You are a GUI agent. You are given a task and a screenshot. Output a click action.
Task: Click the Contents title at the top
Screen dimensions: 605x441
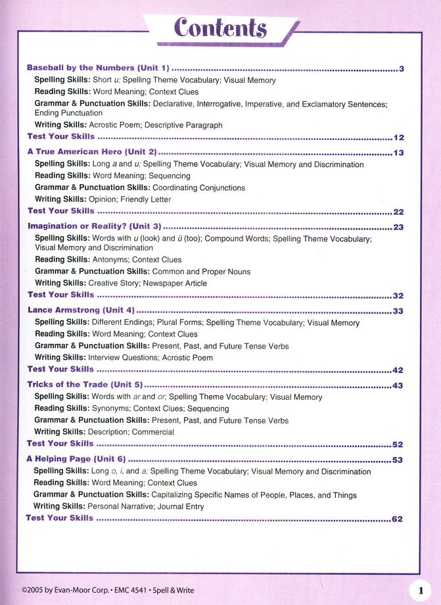pos(220,28)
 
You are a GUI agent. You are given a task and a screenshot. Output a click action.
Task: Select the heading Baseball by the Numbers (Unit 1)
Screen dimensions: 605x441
pos(98,68)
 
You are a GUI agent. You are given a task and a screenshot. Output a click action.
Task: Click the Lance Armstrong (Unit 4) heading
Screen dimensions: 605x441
pos(81,310)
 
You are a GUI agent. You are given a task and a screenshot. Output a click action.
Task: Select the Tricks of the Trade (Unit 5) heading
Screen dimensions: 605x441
pos(84,385)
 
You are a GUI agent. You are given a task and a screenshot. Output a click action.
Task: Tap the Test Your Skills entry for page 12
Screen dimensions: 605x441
pos(61,137)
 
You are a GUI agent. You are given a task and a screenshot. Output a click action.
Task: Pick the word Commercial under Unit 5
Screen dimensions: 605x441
pos(153,432)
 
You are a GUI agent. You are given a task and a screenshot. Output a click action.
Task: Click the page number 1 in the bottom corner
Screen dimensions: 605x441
pos(420,591)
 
